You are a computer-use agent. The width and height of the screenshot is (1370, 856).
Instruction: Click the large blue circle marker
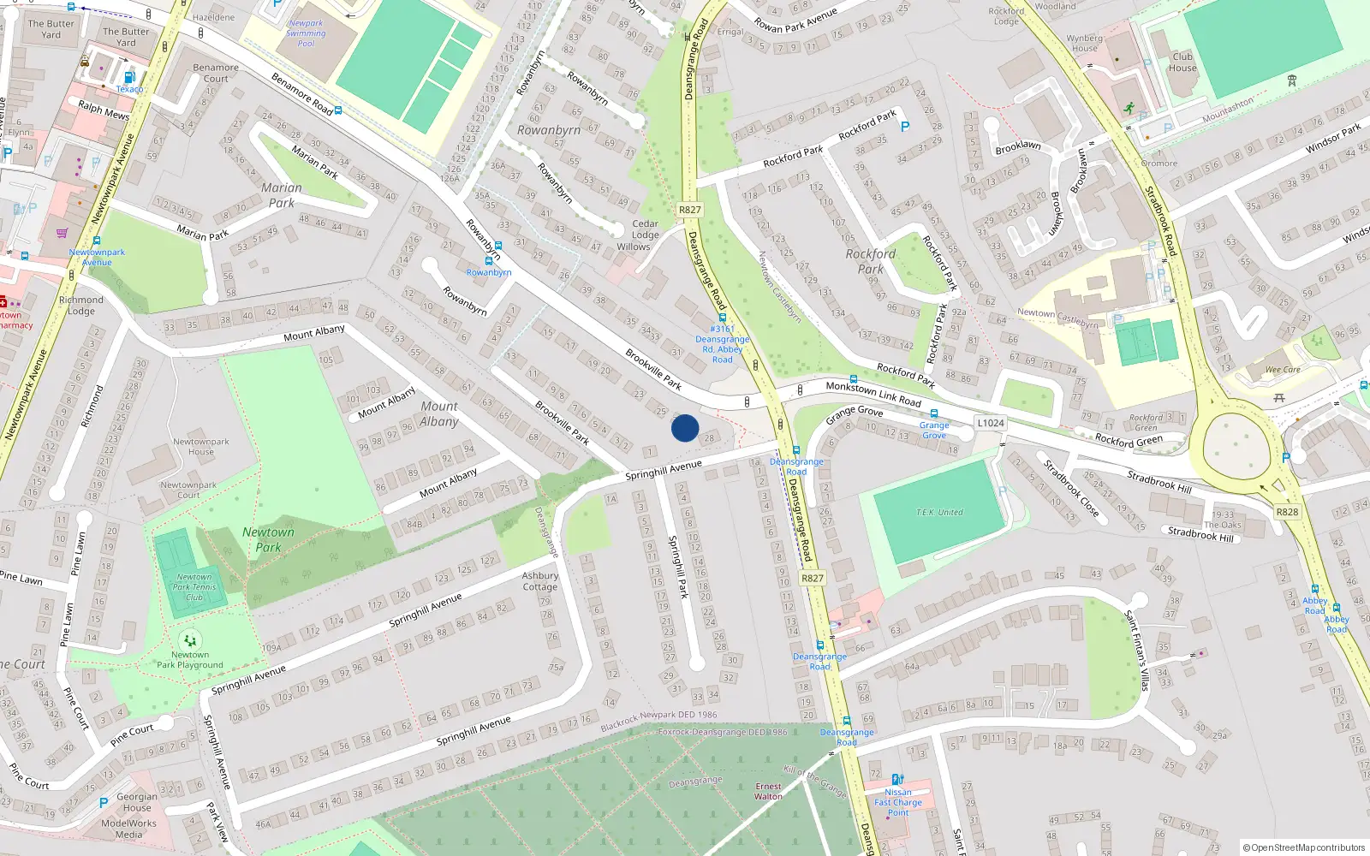click(x=685, y=428)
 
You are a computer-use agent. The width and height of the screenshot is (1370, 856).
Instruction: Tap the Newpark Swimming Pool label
click(x=306, y=33)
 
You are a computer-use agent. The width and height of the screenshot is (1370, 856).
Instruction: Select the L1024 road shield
click(x=990, y=423)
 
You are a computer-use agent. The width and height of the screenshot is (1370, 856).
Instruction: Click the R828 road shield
click(x=1287, y=512)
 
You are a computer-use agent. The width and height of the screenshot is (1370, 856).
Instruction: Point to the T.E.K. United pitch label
click(x=939, y=512)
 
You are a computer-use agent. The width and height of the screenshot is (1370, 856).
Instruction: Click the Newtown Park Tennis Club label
click(x=194, y=586)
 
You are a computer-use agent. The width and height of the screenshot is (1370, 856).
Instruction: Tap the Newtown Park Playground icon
click(x=190, y=639)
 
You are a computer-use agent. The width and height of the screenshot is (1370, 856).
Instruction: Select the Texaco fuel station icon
click(x=129, y=77)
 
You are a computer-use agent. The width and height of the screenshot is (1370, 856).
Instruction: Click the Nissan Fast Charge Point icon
click(x=897, y=780)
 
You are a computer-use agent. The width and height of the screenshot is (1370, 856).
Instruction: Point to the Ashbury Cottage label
click(x=540, y=581)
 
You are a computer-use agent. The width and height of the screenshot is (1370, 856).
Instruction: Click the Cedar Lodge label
click(x=646, y=229)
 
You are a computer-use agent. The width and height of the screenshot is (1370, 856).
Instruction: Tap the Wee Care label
click(x=1283, y=370)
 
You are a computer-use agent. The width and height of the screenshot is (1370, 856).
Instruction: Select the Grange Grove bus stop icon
click(x=934, y=414)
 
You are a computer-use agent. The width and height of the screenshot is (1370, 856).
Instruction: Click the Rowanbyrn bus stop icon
click(x=489, y=261)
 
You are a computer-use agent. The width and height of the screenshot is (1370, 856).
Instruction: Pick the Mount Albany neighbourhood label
click(x=439, y=413)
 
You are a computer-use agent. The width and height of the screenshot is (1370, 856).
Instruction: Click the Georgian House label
click(x=137, y=802)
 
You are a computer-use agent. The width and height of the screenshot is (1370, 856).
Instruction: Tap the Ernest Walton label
click(x=768, y=791)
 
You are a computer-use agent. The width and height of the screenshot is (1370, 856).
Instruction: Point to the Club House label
click(x=1182, y=62)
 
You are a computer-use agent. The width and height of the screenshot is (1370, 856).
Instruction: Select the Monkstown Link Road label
click(x=873, y=395)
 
